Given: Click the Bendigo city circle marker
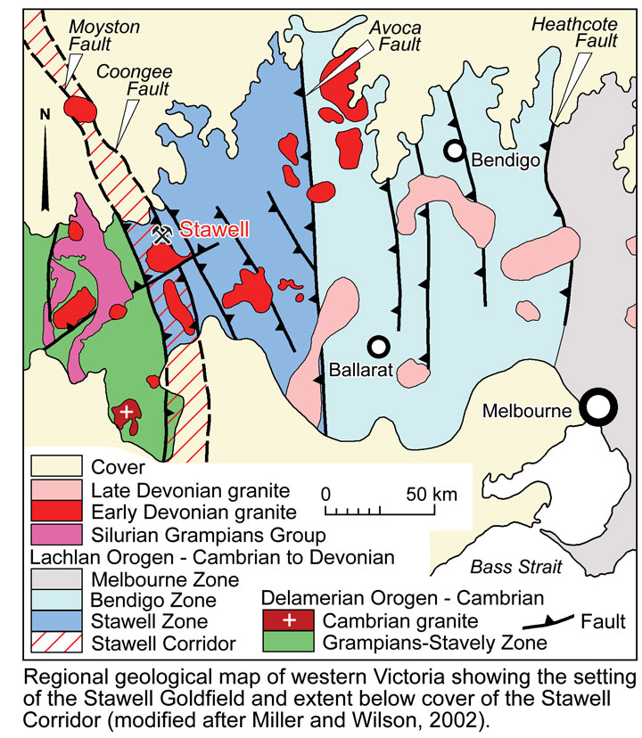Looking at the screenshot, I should coord(455,152).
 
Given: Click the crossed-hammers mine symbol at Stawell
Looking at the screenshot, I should coord(162,234).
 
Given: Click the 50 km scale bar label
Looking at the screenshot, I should coord(429,494).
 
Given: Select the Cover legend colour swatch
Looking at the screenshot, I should coord(55,466).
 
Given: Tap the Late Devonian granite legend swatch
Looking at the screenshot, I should coord(55,489).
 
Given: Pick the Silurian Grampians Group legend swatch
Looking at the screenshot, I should coord(55,535).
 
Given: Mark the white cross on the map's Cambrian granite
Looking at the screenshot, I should coord(127,411).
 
